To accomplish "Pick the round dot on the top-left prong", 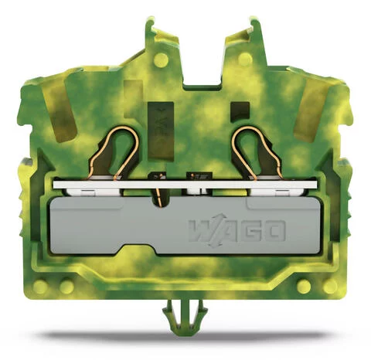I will point(161,59).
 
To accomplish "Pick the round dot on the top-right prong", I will point(244,59).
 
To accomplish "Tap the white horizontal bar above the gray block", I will point(185,186).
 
